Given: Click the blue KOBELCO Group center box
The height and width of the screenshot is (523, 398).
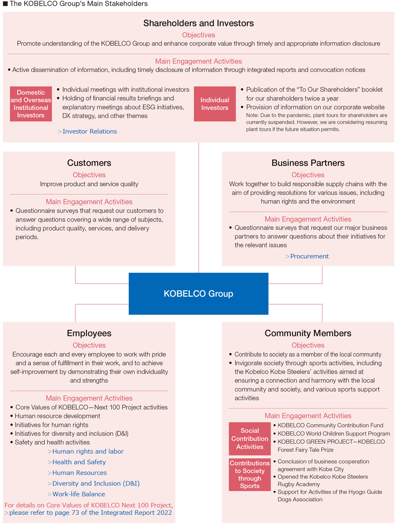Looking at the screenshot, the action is (x=199, y=294).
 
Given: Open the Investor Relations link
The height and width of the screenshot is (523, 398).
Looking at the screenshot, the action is (x=90, y=131).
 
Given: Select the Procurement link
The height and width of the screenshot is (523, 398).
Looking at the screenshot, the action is (x=309, y=256).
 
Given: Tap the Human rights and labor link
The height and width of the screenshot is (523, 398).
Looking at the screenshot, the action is (x=88, y=451).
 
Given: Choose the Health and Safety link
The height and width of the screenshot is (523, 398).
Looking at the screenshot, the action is (x=79, y=462).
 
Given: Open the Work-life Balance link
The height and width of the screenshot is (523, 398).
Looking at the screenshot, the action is (x=78, y=494).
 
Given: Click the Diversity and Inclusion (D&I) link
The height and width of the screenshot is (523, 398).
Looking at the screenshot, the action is (x=96, y=483).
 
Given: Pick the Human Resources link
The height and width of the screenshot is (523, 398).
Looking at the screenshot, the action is (x=80, y=472).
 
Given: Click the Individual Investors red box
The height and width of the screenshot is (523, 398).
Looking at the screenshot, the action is (x=215, y=104).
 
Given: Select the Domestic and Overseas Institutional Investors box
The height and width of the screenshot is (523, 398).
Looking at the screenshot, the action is (x=31, y=104).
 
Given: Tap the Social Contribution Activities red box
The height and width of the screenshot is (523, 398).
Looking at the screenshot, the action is (x=250, y=439).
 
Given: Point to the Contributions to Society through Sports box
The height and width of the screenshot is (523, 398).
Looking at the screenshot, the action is (x=250, y=475).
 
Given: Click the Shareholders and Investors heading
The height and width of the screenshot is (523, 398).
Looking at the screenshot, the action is (x=199, y=23).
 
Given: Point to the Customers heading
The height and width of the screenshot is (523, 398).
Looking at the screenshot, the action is (x=89, y=163).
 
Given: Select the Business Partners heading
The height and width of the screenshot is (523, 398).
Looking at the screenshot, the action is (x=308, y=163).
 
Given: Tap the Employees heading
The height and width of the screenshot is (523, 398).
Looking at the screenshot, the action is (x=89, y=333).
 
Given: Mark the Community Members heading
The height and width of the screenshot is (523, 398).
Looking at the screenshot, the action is (x=308, y=333).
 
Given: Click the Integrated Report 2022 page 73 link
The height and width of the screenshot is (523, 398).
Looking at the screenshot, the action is (x=91, y=512).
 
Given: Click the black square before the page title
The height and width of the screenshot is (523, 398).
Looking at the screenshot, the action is (x=5, y=4).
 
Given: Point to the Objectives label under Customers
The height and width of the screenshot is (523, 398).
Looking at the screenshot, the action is (x=89, y=175).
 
